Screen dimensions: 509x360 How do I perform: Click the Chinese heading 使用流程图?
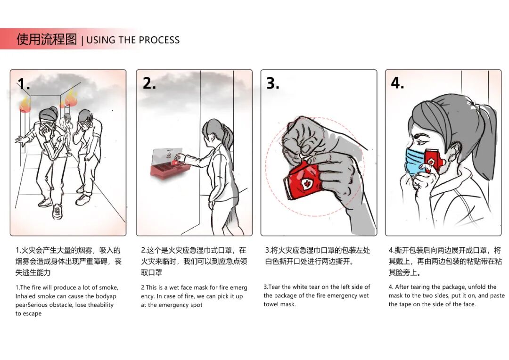coord(47,39)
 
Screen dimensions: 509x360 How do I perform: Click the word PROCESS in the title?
coord(159,40)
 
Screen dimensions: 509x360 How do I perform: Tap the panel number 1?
coord(24,84)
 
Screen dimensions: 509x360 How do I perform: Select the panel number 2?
coord(149,83)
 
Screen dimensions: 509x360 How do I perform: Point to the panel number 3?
coord(273,83)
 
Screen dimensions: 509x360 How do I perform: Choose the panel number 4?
coord(397,83)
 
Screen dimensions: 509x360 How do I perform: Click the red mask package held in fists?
coord(302,180)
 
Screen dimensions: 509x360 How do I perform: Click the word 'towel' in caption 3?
coord(271,304)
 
